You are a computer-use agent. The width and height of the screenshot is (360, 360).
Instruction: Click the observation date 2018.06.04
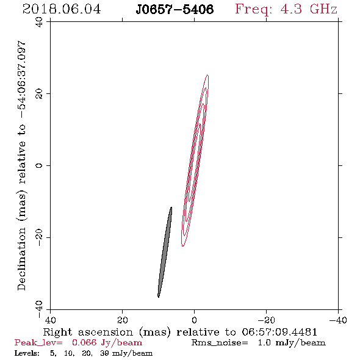[x=62, y=9]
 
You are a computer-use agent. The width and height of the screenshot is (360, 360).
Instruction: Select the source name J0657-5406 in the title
[x=175, y=10]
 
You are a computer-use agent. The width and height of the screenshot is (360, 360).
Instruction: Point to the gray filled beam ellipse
[x=165, y=252]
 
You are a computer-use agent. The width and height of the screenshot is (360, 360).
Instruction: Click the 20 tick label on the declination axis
[x=39, y=94]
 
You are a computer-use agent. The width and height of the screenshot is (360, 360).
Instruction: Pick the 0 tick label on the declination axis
[x=39, y=165]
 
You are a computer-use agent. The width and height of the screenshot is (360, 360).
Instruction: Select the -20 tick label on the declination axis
[x=39, y=237]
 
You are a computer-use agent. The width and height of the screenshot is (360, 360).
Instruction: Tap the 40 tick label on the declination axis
[x=39, y=22]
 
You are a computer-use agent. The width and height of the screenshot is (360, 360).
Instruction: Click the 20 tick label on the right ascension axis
[x=123, y=320]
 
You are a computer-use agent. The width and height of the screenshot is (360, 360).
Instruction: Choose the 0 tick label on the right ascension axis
[x=194, y=320]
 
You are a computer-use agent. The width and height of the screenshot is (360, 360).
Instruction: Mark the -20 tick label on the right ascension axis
[x=266, y=320]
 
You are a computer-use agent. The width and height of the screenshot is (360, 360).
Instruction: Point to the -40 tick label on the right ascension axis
[x=338, y=320]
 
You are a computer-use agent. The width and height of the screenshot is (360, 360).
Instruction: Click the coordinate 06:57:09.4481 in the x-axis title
[x=279, y=332]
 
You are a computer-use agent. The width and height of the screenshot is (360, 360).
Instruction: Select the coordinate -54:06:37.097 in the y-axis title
[x=22, y=80]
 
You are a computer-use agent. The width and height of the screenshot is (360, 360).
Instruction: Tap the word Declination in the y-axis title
[x=22, y=259]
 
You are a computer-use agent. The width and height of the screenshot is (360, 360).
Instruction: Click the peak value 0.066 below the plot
[x=84, y=342]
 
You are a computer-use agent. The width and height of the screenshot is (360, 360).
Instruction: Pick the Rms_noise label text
[x=220, y=343]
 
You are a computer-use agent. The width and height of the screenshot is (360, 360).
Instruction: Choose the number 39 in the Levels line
[x=104, y=353]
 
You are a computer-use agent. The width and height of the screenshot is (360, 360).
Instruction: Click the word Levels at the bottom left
[x=27, y=353]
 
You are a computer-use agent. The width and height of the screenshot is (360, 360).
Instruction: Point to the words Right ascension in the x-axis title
[x=88, y=332]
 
